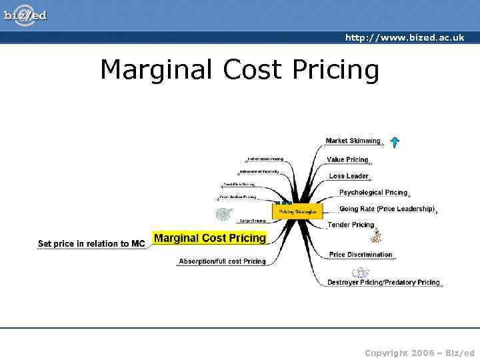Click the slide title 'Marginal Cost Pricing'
click(x=239, y=69)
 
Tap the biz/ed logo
click(x=25, y=14)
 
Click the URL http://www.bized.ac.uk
click(x=404, y=38)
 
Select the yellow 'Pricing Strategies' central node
click(x=297, y=211)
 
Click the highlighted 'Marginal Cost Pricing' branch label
click(x=209, y=238)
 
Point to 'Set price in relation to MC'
click(x=91, y=244)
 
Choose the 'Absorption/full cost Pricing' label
click(x=222, y=261)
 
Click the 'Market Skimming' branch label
click(x=353, y=141)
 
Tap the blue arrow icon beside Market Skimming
click(x=395, y=141)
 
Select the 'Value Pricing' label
click(x=347, y=160)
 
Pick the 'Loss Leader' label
click(x=348, y=176)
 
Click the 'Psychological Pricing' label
click(x=373, y=193)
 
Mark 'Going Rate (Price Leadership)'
click(x=387, y=209)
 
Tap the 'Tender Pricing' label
click(x=351, y=225)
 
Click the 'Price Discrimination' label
click(x=361, y=255)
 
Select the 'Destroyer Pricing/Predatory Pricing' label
click(x=383, y=283)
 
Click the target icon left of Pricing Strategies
click(x=221, y=214)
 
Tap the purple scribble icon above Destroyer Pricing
click(x=360, y=272)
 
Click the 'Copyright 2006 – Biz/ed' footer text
click(x=419, y=352)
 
